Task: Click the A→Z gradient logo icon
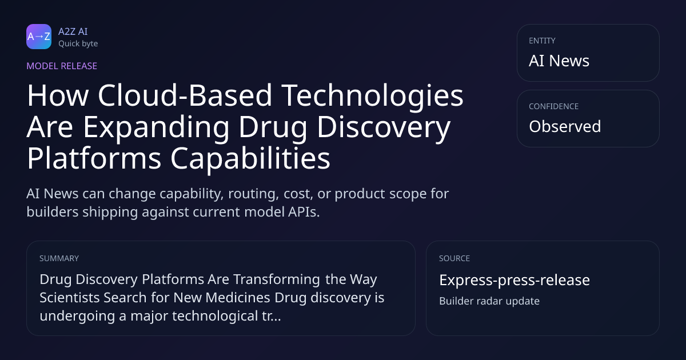(39, 37)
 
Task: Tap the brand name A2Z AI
(73, 31)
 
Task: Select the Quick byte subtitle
(78, 43)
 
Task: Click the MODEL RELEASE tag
(62, 66)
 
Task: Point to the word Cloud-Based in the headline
(185, 95)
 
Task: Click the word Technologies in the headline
(372, 96)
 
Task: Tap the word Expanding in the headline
(156, 127)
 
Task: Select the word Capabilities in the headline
(250, 158)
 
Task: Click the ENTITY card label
(542, 41)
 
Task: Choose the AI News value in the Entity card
(559, 61)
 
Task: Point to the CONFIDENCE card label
(554, 106)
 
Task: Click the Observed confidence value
(565, 126)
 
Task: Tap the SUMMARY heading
(59, 258)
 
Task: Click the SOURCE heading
(454, 258)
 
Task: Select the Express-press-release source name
(514, 280)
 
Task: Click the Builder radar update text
(489, 301)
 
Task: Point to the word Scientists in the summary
(70, 298)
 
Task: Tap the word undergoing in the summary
(77, 317)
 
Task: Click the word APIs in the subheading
(304, 212)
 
